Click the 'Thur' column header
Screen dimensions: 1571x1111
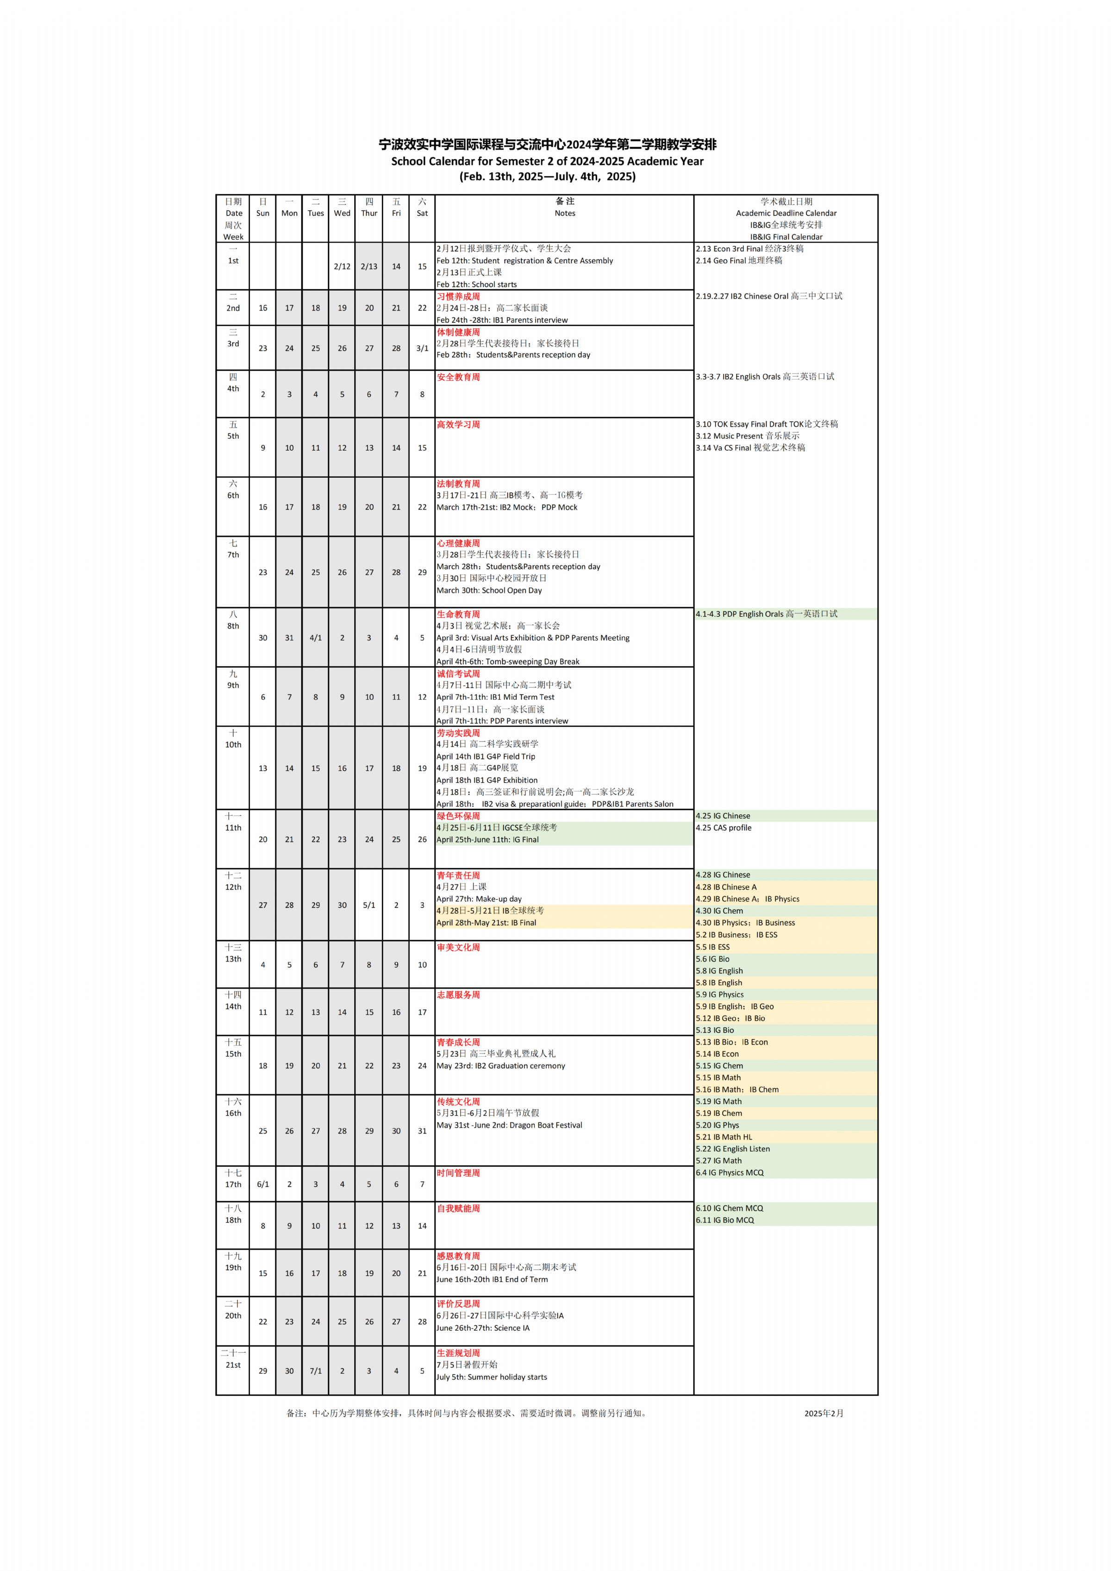pyautogui.click(x=369, y=213)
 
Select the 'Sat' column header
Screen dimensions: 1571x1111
pyautogui.click(x=422, y=213)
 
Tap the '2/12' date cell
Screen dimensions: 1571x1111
pyautogui.click(x=342, y=266)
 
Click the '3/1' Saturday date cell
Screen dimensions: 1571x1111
pyautogui.click(x=422, y=348)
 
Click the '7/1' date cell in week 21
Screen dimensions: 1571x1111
pyautogui.click(x=315, y=1371)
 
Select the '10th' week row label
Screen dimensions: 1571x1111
pyautogui.click(x=233, y=744)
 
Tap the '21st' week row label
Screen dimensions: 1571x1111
pyautogui.click(x=233, y=1365)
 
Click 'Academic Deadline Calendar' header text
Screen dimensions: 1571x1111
pyautogui.click(x=786, y=213)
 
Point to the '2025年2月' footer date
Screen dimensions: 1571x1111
pyautogui.click(x=824, y=1414)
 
